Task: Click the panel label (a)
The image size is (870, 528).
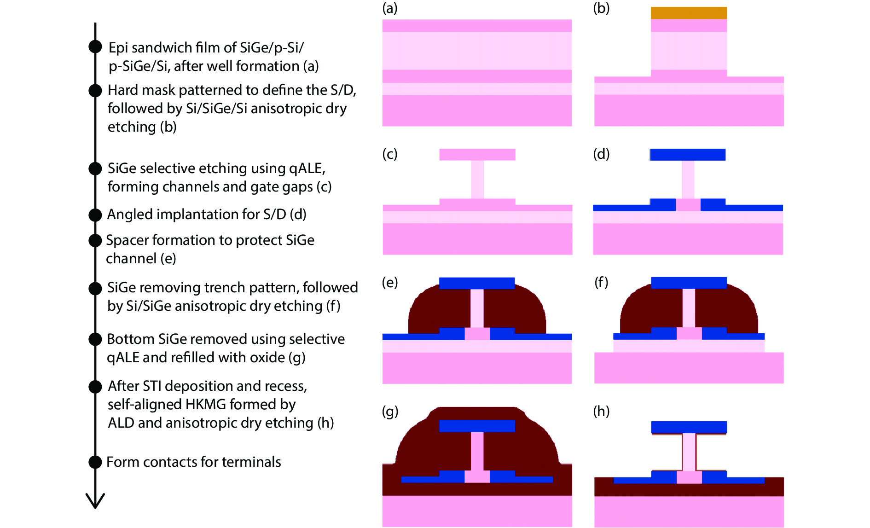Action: [389, 8]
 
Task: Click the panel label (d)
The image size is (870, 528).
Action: [601, 154]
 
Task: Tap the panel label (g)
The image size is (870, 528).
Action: [390, 411]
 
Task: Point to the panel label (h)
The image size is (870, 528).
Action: [601, 411]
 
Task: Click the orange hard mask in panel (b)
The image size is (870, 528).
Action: [689, 13]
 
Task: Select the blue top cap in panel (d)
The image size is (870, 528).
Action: [688, 155]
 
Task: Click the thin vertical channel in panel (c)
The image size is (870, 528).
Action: [477, 180]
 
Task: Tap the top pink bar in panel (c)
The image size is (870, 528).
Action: [477, 155]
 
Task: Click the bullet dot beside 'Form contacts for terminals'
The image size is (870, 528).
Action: [95, 462]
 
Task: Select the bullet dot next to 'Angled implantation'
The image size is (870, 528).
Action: [95, 215]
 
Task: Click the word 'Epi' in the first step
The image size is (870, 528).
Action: [118, 48]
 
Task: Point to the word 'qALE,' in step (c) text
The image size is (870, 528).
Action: [307, 168]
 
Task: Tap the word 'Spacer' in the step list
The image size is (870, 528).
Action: [127, 240]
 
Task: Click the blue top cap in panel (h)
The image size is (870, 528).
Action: [689, 427]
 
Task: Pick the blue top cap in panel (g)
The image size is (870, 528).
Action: [477, 426]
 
